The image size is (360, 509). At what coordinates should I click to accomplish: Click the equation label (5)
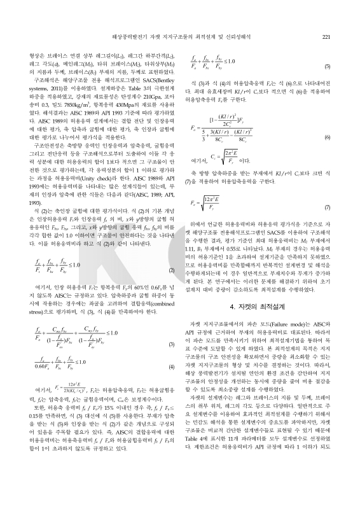click(x=326, y=66)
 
